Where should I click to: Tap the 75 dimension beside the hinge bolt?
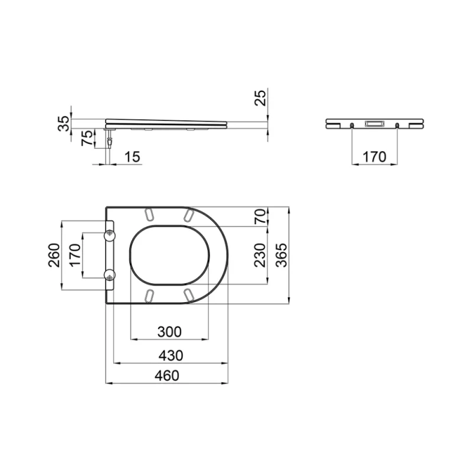click(x=86, y=139)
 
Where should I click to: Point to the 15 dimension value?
click(x=133, y=157)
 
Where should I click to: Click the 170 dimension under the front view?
click(x=374, y=157)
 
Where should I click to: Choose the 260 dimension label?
click(x=55, y=255)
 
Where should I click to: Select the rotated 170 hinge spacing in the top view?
click(x=75, y=255)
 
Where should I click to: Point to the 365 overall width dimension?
click(x=282, y=255)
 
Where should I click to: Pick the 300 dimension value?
click(x=169, y=332)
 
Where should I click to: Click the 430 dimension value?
click(x=169, y=355)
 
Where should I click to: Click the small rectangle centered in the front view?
click(x=374, y=124)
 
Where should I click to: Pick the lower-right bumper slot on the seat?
click(x=188, y=294)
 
